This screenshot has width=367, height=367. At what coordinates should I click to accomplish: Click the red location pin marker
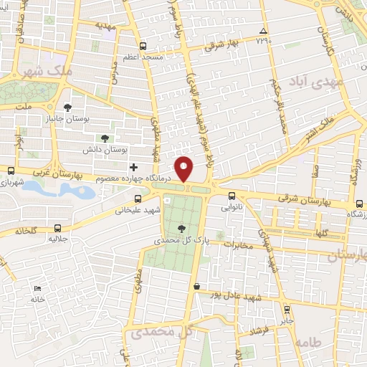click(184, 168)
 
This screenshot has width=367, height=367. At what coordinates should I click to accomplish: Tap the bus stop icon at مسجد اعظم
click(143, 44)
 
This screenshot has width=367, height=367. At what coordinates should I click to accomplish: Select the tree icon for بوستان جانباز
click(67, 108)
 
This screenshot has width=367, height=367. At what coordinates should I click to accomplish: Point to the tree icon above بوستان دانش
click(105, 138)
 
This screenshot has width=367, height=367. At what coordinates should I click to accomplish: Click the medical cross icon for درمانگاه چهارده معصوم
click(134, 166)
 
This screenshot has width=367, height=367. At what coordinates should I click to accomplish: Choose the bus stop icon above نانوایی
click(231, 196)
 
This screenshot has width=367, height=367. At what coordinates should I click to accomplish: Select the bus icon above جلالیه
click(57, 229)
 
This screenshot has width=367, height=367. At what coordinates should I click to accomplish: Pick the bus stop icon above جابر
click(288, 310)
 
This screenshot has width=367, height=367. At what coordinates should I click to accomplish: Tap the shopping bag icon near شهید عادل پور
click(196, 287)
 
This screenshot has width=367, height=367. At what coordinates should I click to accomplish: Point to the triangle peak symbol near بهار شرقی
click(264, 32)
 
